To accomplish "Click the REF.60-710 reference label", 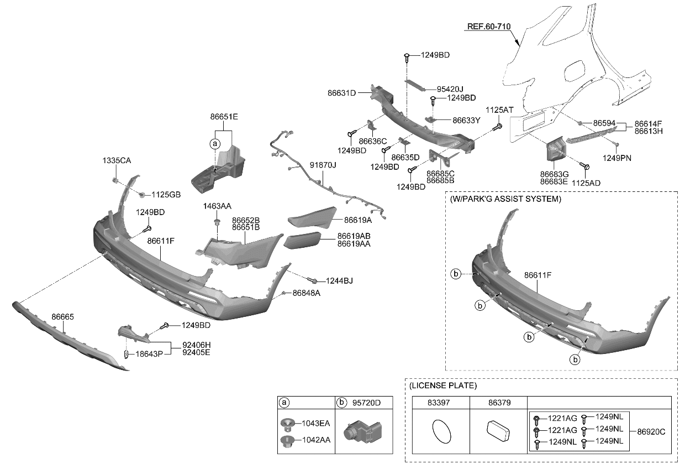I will pos(489,26).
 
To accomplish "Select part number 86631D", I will pos(356,93).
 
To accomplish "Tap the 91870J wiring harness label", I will pos(323,165).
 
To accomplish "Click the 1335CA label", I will pos(117,160).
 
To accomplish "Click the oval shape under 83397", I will pos(440,431).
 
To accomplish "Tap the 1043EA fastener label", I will pos(315,424).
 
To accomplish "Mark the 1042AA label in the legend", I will pos(315,440).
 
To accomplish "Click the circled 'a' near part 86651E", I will pos(214,144).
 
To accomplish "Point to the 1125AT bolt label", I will pos(500,110).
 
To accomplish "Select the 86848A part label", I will pos(307,293).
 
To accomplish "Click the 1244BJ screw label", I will pos(339,281).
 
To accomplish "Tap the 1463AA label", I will pos(217,206).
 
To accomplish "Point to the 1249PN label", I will pos(617,158).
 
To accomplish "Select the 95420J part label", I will pos(450,88).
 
